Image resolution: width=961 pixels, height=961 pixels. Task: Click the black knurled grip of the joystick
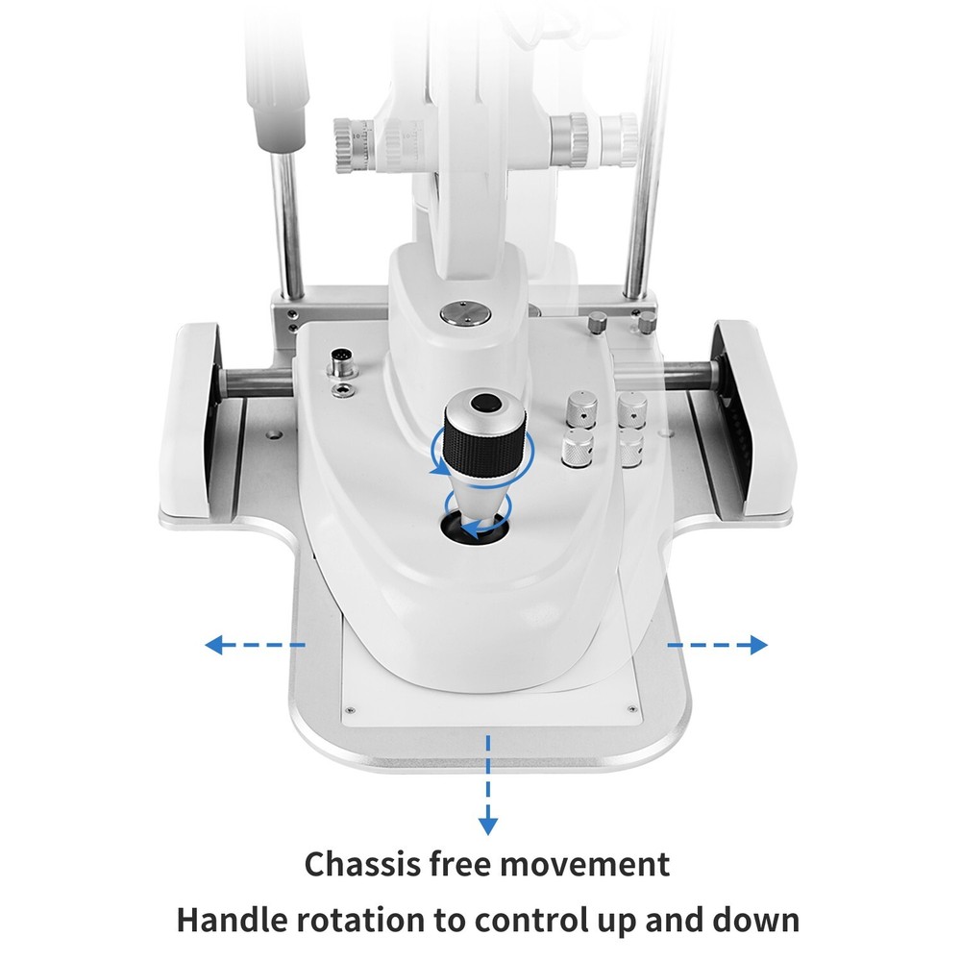(486, 444)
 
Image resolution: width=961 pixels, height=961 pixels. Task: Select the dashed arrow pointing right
(718, 645)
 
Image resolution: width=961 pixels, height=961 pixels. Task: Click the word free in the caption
(472, 863)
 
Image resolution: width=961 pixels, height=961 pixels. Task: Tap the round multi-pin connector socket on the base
(339, 363)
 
